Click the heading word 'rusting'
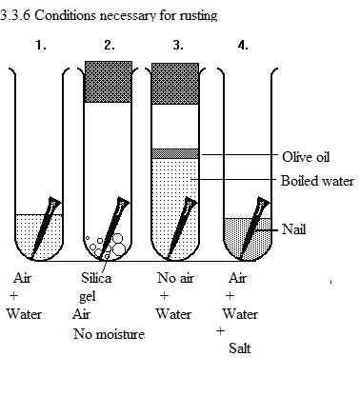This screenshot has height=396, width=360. coord(198,15)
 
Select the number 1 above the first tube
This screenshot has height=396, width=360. coord(41,45)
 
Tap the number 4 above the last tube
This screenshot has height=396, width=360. coord(243,46)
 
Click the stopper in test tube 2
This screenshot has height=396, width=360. coord(109,82)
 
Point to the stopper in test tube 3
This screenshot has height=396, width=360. coord(175,84)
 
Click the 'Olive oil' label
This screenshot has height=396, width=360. coord(306,157)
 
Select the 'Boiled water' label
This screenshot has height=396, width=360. coord(317,181)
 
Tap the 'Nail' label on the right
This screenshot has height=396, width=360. coord(294,228)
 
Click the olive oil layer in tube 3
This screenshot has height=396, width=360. coord(175,153)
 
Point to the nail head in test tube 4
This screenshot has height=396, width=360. coord(263,203)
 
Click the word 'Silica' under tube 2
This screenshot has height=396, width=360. coord(96,278)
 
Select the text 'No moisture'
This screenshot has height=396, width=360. coord(109,334)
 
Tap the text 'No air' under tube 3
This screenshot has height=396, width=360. coord(175,278)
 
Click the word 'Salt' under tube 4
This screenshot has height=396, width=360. coord(240,348)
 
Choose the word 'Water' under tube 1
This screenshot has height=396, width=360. coord(24,314)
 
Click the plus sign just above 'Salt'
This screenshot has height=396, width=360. coord(220,331)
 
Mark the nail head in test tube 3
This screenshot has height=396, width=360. coord(191,203)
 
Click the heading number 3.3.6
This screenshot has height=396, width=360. coord(15,15)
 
